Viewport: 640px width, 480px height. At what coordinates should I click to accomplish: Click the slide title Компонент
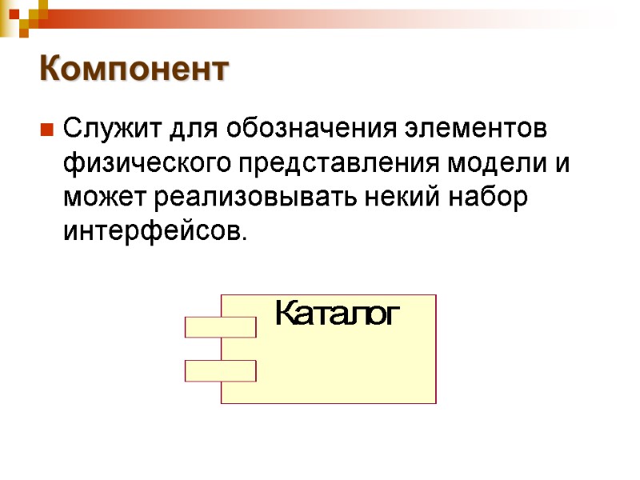(134, 70)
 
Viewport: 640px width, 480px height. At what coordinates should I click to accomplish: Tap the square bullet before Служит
(46, 129)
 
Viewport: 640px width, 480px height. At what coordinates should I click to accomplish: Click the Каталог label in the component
(336, 314)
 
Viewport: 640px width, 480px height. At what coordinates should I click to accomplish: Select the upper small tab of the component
(220, 327)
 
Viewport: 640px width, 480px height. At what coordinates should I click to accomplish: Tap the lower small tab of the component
(220, 370)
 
